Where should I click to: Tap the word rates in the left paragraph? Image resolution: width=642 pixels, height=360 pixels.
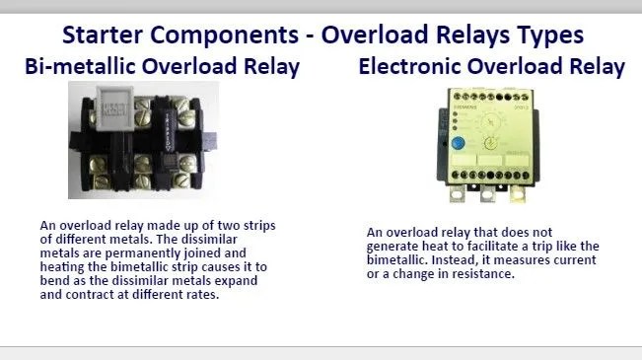point(198,295)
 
